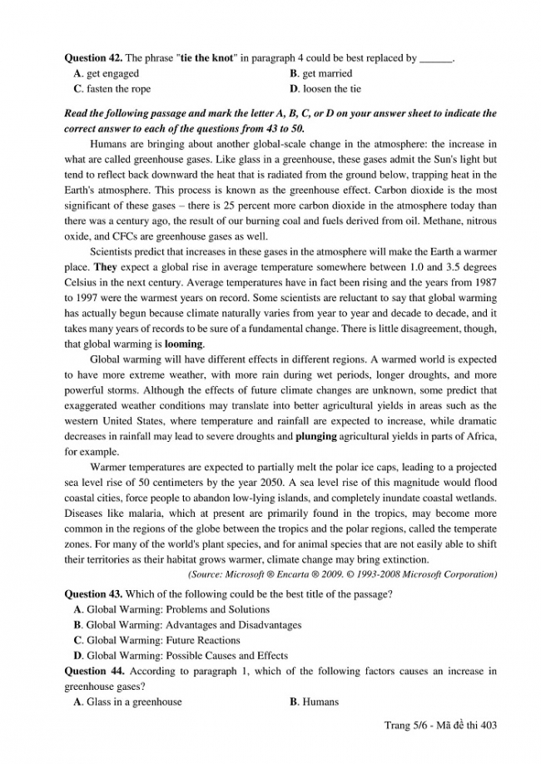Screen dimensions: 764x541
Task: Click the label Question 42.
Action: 93,58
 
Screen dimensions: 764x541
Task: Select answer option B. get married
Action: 320,73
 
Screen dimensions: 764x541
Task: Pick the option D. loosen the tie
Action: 325,88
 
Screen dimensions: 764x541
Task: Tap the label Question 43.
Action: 93,593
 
